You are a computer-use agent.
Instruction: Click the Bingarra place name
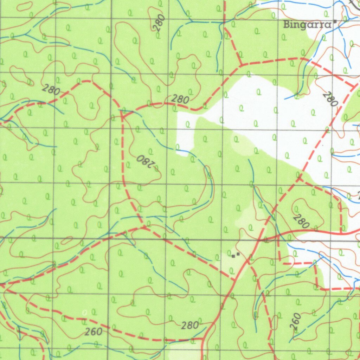(x=307, y=25)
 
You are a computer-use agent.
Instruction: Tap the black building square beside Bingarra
(x=335, y=21)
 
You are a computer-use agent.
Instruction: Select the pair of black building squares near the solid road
(x=236, y=255)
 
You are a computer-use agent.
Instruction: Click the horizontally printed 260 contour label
(x=94, y=331)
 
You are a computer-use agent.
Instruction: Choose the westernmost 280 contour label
(x=51, y=90)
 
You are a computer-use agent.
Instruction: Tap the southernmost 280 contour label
(x=190, y=325)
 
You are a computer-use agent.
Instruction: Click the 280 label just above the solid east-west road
(x=301, y=221)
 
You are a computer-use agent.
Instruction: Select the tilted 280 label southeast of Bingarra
(x=330, y=99)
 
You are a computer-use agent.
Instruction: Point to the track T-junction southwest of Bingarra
(x=241, y=65)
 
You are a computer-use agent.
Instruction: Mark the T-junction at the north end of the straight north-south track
(x=122, y=113)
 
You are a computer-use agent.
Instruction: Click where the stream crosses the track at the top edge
(x=224, y=22)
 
